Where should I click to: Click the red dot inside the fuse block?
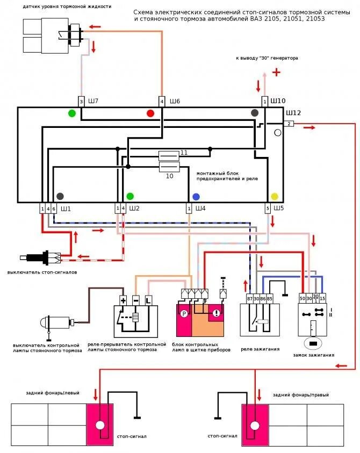150,113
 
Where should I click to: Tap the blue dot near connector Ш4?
196,197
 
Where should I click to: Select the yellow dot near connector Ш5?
274,197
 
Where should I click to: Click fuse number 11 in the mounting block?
169,156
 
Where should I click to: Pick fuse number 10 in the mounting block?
170,167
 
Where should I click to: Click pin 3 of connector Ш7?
82,102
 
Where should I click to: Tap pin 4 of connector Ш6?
162,102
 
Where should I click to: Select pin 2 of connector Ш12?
289,124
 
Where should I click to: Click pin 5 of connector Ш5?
268,208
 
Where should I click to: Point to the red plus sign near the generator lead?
276,72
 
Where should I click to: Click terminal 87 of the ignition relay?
250,299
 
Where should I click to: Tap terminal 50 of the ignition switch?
302,298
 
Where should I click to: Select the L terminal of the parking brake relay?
148,300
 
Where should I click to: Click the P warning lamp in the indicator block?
184,314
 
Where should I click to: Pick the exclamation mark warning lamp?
216,313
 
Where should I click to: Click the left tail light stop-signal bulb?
100,425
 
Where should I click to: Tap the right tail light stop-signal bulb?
255,425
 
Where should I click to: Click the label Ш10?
278,101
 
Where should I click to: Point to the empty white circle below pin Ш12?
278,133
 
